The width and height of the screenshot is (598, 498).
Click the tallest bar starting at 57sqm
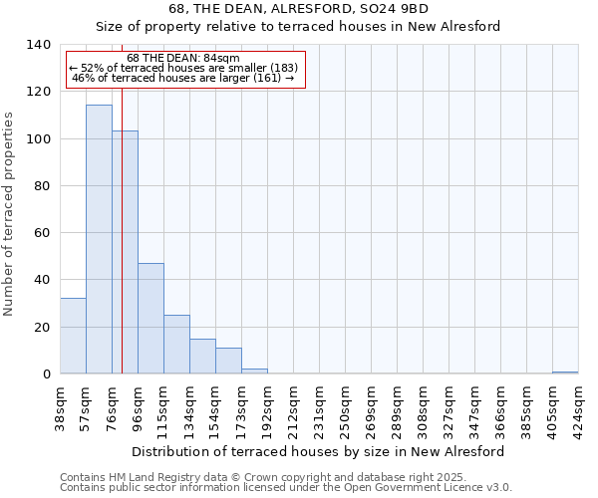99,239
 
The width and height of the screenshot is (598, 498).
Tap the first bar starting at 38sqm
73,336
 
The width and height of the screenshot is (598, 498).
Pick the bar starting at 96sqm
150,319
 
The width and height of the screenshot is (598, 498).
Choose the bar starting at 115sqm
176,345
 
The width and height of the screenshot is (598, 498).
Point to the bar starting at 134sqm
202,357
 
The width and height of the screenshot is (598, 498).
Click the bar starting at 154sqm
228,361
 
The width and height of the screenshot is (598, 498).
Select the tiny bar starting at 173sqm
254,372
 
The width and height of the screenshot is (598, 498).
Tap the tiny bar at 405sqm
565,373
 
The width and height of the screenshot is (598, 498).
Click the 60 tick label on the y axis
43,233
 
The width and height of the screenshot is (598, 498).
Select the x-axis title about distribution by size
318,451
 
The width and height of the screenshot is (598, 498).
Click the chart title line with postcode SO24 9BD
298,8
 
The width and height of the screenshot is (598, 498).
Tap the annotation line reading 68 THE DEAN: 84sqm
183,59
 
